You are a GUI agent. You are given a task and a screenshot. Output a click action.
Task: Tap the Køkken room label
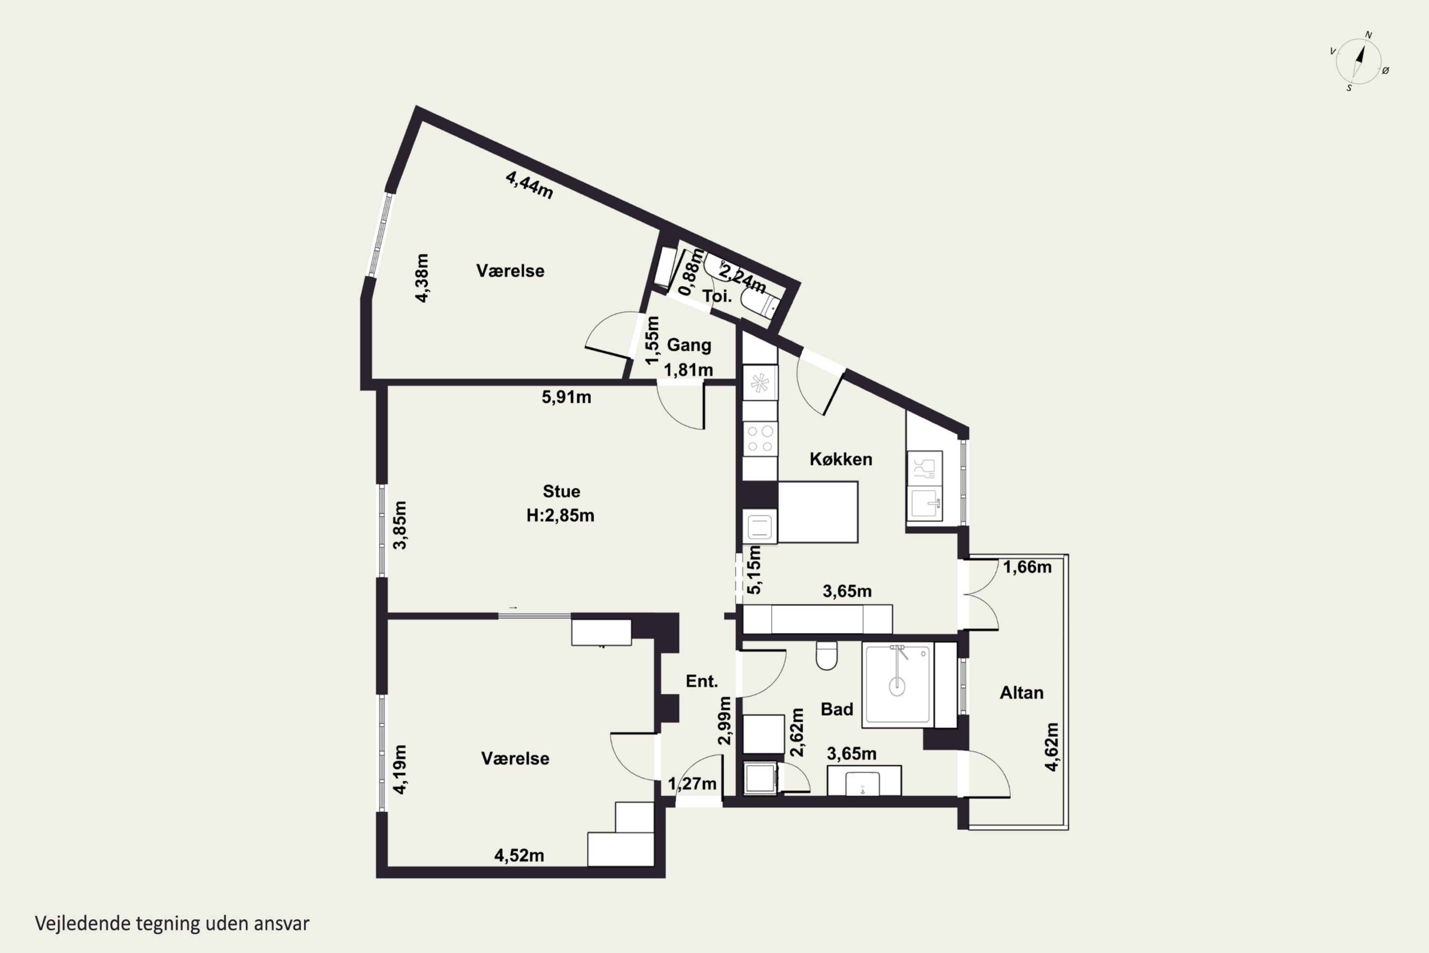coord(841,459)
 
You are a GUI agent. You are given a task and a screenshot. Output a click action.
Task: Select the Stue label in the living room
coord(562,491)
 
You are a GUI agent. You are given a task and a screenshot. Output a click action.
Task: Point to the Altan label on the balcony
coord(1022,692)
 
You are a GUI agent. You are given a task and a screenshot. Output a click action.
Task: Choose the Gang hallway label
coord(689,345)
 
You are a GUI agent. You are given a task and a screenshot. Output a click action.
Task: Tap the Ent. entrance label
coord(702,681)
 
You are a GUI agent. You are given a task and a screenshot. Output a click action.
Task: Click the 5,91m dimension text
coord(566,397)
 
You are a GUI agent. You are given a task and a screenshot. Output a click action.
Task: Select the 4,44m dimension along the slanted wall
coord(529,185)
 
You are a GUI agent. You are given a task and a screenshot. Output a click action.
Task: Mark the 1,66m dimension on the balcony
coord(1027,567)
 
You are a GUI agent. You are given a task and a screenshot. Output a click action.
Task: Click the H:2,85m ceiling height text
coord(560,516)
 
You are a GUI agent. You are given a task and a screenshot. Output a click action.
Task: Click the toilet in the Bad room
coord(826,655)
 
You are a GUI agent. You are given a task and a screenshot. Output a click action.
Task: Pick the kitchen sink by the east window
coord(925,503)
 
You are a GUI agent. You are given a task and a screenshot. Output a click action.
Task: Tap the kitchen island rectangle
coord(818,512)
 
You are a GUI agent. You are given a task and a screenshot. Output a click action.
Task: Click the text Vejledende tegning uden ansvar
coord(172,923)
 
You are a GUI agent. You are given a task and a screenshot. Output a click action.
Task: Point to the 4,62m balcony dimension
coord(1052,747)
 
